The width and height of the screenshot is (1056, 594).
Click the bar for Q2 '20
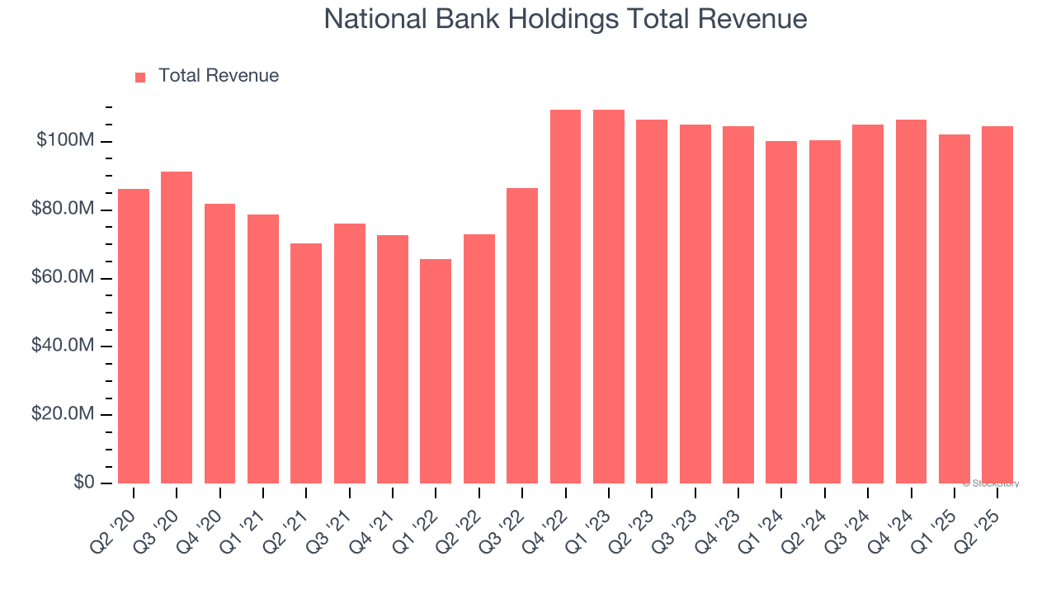134,336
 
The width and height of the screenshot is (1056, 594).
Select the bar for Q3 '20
177,328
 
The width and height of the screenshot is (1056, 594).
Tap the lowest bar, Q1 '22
436,371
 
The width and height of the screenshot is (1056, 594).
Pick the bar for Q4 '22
565,296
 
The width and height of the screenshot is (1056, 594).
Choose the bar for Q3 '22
522,336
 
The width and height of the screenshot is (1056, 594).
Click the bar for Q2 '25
997,304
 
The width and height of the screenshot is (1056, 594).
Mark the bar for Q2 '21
306,363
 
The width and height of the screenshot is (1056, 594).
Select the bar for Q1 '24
781,312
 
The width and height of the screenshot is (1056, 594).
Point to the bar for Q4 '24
911,301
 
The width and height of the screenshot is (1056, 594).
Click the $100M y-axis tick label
64,141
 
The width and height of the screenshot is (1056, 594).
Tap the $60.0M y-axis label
63,278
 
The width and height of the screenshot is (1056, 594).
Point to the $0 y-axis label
82,483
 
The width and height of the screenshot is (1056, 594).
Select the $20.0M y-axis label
63,414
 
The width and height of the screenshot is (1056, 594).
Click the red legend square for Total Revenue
140,77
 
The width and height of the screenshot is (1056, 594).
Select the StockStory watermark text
992,483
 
